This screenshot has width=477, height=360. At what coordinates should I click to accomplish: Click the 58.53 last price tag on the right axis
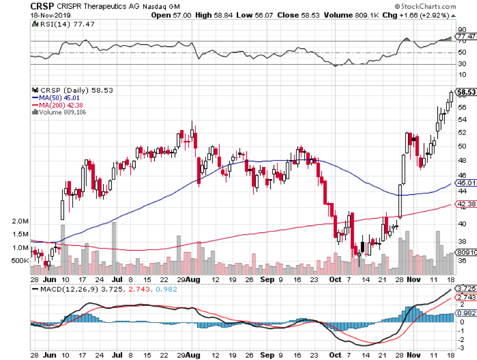coord(465,92)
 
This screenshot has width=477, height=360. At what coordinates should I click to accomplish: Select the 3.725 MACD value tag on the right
coord(465,288)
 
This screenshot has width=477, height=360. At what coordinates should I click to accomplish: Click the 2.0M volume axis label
coord(20,221)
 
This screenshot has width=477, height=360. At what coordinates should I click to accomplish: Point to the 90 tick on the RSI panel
coord(462,30)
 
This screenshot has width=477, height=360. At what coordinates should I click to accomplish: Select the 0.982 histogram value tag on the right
coord(465,313)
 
